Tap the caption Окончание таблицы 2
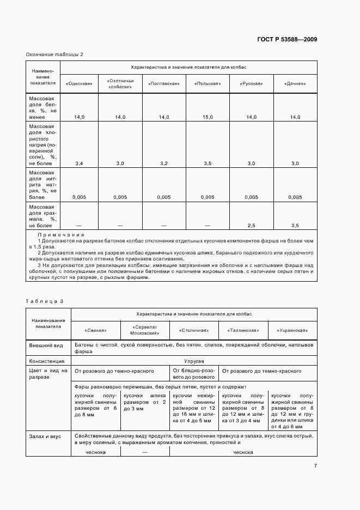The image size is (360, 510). pyautogui.click(x=54, y=54)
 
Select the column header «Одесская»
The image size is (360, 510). pyautogui.click(x=79, y=83)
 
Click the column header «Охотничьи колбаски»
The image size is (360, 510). pyautogui.click(x=120, y=83)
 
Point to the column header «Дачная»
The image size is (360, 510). pyautogui.click(x=295, y=83)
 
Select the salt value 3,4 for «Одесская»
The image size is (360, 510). pyautogui.click(x=79, y=163)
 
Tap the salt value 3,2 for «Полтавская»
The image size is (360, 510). pyautogui.click(x=164, y=163)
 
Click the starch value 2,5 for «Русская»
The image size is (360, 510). pyautogui.click(x=251, y=225)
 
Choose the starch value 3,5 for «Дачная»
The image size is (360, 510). pyautogui.click(x=295, y=225)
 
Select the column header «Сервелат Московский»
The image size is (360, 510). pyautogui.click(x=145, y=330)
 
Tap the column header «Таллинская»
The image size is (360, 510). pyautogui.click(x=242, y=330)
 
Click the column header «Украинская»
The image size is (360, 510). pyautogui.click(x=292, y=330)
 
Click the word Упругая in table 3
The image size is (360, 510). pyautogui.click(x=193, y=361)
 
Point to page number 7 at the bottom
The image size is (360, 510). pyautogui.click(x=315, y=465)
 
